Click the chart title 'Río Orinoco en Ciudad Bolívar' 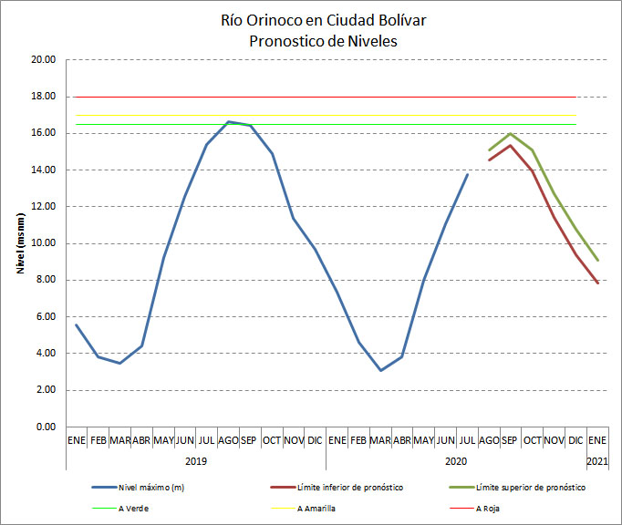click(311, 20)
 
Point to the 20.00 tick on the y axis click(44, 60)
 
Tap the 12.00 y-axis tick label click(44, 207)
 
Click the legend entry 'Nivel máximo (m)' click(152, 488)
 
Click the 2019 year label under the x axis click(195, 461)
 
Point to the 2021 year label click(596, 461)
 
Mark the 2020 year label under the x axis click(456, 461)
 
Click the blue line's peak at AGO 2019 click(228, 121)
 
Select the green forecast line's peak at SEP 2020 click(510, 134)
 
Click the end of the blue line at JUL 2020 click(468, 174)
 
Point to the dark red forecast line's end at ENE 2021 click(597, 283)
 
